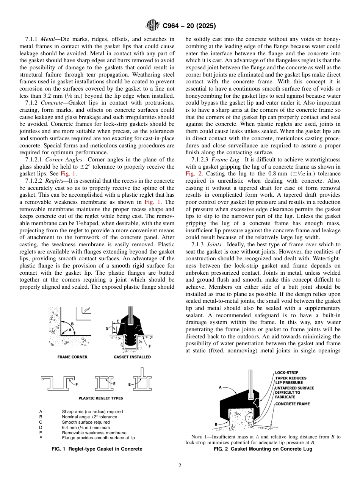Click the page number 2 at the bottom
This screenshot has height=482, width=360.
click(x=180, y=466)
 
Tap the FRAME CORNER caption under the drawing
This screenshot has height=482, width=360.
click(x=72, y=357)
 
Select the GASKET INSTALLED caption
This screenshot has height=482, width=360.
click(x=132, y=357)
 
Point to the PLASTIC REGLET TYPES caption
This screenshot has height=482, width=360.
click(x=100, y=398)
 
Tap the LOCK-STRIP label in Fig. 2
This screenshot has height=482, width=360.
click(x=287, y=372)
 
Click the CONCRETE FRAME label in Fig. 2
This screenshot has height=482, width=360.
click(x=292, y=404)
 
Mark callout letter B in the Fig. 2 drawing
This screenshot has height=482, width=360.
click(x=216, y=424)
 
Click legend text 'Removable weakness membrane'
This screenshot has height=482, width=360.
click(x=94, y=433)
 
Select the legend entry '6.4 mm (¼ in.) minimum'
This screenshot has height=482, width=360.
click(x=86, y=427)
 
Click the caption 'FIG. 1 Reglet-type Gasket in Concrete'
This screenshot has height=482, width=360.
click(x=97, y=449)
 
